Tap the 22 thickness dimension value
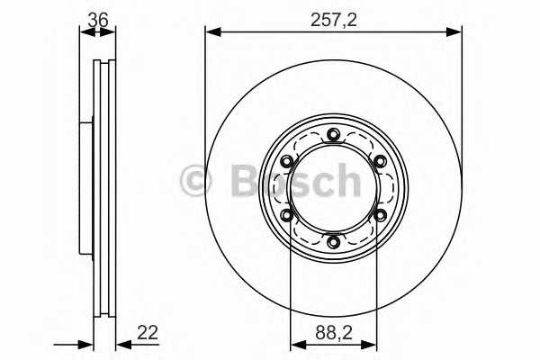pos(148,332)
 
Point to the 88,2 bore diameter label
pos(333,332)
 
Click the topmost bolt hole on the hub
pos(334,136)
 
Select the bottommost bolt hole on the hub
pos(334,241)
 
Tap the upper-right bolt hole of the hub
pos(380,162)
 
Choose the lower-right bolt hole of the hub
pos(380,215)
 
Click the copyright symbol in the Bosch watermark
pos(195,180)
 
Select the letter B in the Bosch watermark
pos(238,180)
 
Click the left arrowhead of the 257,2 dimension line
pos(211,31)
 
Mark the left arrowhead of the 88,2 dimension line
pos(295,344)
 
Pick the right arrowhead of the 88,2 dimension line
pos(372,344)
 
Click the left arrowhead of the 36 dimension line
pos(85,31)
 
